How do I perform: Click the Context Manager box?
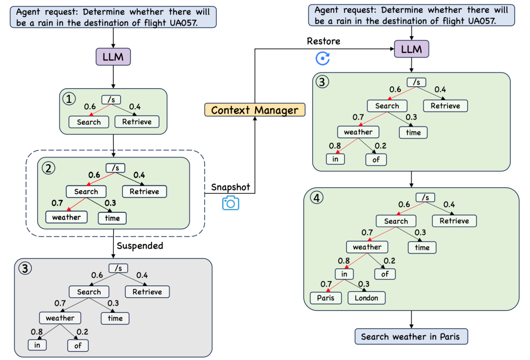pyautogui.click(x=255, y=110)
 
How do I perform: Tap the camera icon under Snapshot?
pyautogui.click(x=230, y=203)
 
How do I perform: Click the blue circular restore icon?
pyautogui.click(x=322, y=59)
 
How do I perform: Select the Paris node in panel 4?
pyautogui.click(x=325, y=298)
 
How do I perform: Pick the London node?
pyautogui.click(x=367, y=298)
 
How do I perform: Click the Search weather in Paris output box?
pyautogui.click(x=411, y=336)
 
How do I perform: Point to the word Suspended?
pyautogui.click(x=140, y=246)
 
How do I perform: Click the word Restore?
pyautogui.click(x=323, y=41)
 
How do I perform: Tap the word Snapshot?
pyautogui.click(x=231, y=187)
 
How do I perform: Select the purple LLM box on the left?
pyautogui.click(x=113, y=57)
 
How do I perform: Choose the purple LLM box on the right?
pyautogui.click(x=411, y=49)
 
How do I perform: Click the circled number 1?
pyautogui.click(x=70, y=100)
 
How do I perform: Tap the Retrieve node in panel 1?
pyautogui.click(x=137, y=122)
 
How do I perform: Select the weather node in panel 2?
pyautogui.click(x=66, y=216)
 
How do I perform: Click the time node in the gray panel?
pyautogui.click(x=115, y=318)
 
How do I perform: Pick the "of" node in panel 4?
pyautogui.click(x=385, y=274)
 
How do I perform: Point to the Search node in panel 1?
pyautogui.click(x=89, y=122)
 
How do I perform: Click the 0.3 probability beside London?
pyautogui.click(x=365, y=284)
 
